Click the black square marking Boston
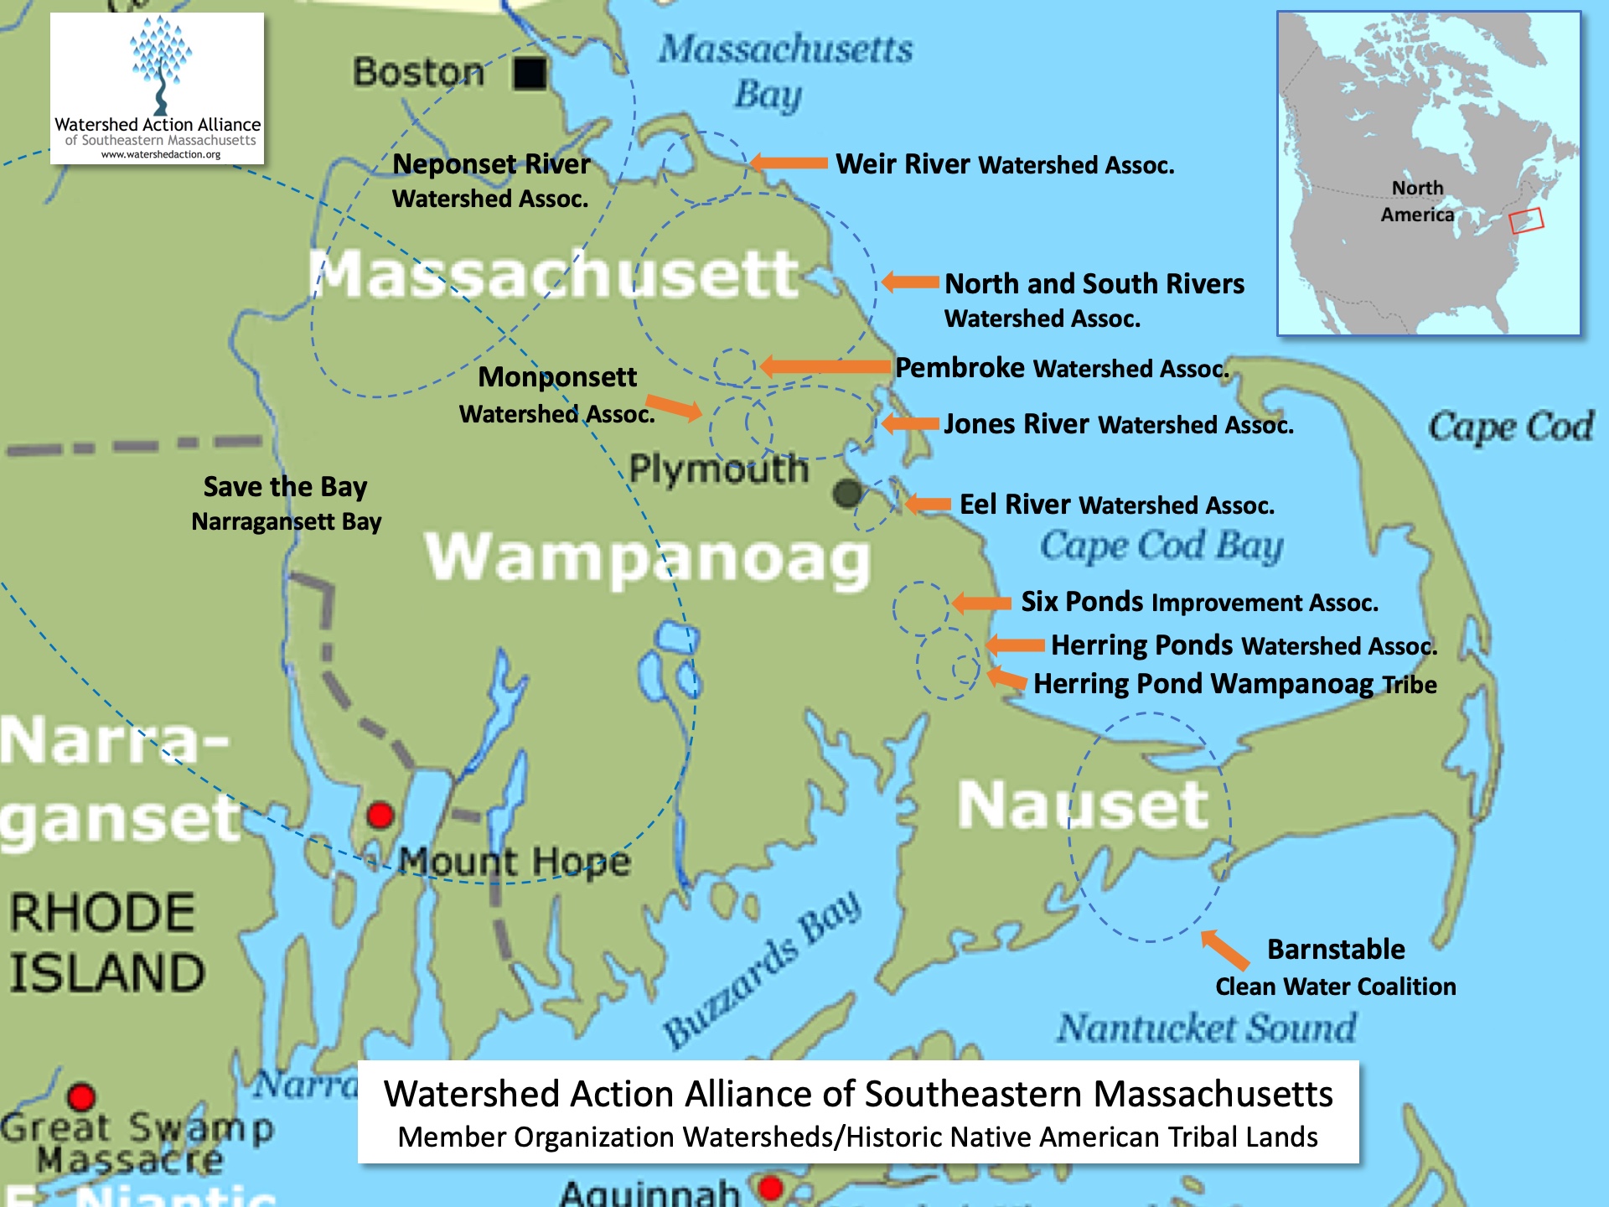click(530, 73)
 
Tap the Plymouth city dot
click(847, 493)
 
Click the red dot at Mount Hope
click(380, 815)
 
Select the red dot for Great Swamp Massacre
click(81, 1096)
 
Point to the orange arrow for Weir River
click(789, 163)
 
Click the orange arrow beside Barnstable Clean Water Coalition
click(1224, 951)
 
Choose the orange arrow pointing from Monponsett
click(674, 408)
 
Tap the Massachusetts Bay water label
click(784, 71)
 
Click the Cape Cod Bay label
click(1161, 547)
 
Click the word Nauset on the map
click(1082, 805)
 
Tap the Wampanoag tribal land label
click(647, 558)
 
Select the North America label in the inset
click(1417, 201)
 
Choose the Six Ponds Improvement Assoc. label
click(1198, 602)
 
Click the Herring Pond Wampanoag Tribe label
click(1234, 684)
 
